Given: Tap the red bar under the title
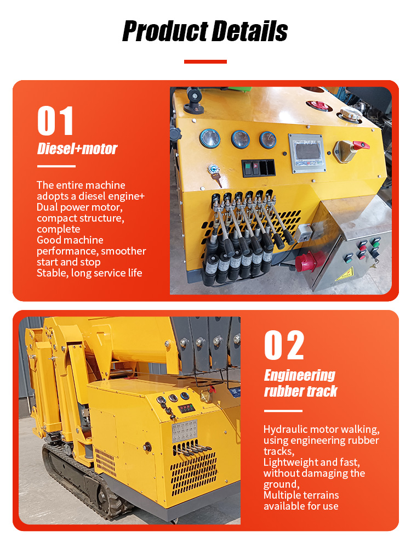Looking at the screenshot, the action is (x=206, y=61).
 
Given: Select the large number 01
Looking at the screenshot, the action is (x=55, y=121).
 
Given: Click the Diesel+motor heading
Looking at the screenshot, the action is (x=77, y=149).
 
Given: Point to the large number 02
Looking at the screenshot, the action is (x=284, y=345).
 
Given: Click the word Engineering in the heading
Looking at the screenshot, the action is (x=300, y=376).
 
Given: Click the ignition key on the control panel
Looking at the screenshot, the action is (x=215, y=174).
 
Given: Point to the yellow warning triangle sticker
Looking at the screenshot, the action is (x=345, y=274).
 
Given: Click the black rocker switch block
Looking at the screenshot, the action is (x=259, y=167).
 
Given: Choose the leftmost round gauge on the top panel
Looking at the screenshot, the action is (x=209, y=138).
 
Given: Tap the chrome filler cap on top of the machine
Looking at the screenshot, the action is (x=350, y=114).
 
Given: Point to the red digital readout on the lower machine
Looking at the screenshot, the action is (x=187, y=408).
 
